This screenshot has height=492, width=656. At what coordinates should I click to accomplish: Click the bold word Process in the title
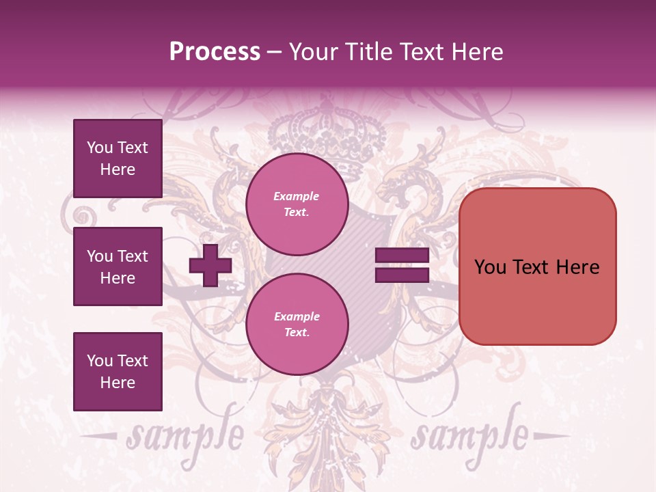pos(215,52)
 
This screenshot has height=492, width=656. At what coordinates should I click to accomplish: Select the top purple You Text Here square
pos(118,159)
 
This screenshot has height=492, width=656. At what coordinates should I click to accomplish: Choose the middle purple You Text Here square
pos(118,266)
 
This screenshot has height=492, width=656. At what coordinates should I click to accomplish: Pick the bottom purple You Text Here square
pos(118,371)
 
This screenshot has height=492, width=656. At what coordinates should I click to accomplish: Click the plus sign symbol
pos(210,266)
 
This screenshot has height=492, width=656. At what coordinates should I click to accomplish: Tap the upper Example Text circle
pos(297,204)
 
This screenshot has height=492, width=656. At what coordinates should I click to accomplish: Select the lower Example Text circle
pos(297,325)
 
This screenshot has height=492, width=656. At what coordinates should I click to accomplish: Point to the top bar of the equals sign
pos(402,256)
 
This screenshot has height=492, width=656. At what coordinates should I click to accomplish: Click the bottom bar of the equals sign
pos(402,275)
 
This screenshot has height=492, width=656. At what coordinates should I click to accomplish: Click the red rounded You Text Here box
pos(537,266)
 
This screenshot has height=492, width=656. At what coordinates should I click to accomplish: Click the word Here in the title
pos(477,52)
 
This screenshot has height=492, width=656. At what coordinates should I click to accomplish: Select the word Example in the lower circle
pos(297,316)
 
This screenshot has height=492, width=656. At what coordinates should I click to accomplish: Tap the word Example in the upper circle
pos(297,196)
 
